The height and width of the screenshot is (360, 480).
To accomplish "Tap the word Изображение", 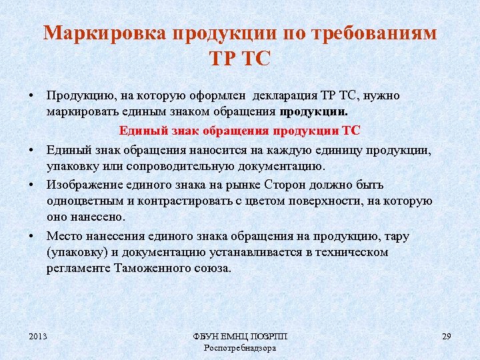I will [82, 184].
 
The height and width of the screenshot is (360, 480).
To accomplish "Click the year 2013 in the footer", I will [38, 337].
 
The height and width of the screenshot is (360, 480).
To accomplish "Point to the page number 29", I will [446, 337].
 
